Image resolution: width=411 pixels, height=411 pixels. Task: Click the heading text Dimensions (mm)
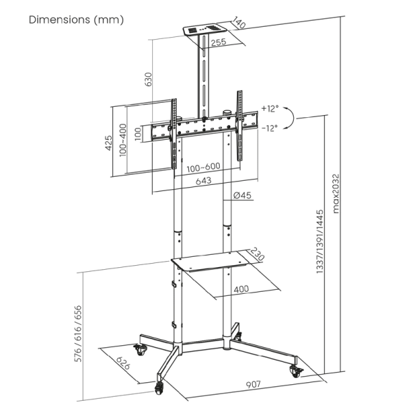pyautogui.click(x=76, y=20)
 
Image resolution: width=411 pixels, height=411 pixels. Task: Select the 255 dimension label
pyautogui.click(x=219, y=42)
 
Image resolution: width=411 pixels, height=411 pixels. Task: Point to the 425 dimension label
pyautogui.click(x=109, y=142)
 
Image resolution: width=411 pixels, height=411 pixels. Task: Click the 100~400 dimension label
pyautogui.click(x=123, y=140)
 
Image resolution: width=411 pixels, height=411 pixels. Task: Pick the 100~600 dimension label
pyautogui.click(x=203, y=167)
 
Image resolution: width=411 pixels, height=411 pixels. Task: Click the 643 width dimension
pyautogui.click(x=203, y=181)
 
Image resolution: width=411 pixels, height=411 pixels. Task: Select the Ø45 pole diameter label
pyautogui.click(x=242, y=196)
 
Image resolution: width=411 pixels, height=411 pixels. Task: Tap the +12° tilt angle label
pyautogui.click(x=271, y=108)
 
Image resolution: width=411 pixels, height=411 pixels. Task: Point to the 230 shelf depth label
pyautogui.click(x=258, y=254)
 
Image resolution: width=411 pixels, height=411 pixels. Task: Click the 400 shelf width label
pyautogui.click(x=241, y=289)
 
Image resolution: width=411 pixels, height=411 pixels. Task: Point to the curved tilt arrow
pyautogui.click(x=291, y=119)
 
